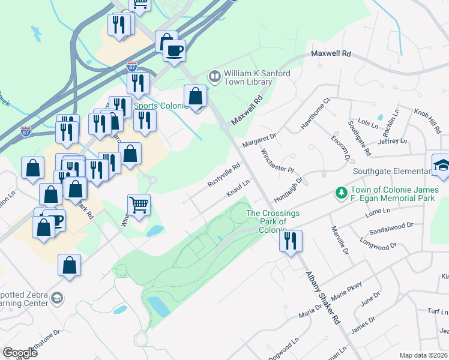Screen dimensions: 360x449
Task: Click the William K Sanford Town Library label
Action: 257,77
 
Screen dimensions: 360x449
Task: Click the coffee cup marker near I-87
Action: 174,51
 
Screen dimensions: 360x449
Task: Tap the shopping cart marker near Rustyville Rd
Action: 139,205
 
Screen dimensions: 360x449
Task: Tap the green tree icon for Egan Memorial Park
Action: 342,193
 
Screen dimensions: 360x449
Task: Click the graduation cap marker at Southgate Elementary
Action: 441,166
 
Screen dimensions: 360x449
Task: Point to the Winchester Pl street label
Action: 277,160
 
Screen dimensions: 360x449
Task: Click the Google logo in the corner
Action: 20,353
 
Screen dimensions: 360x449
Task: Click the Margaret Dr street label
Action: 259,140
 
